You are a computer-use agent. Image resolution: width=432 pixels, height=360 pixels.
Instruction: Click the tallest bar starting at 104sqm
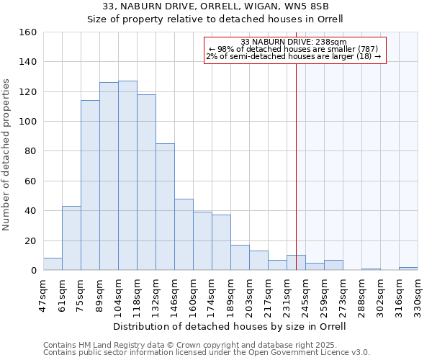(x=127, y=176)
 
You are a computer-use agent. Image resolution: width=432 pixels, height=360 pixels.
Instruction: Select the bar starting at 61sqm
(x=71, y=238)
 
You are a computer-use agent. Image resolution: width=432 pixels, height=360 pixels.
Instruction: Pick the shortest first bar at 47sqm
(x=53, y=264)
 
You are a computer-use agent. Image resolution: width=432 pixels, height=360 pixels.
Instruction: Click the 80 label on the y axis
(x=30, y=151)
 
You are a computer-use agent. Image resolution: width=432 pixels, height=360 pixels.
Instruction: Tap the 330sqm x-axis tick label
(x=418, y=294)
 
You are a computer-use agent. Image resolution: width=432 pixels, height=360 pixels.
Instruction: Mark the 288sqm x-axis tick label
(x=361, y=294)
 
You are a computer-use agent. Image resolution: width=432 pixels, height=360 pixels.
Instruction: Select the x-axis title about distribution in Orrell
(x=230, y=327)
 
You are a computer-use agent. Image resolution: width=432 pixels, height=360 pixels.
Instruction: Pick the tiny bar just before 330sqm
(x=408, y=269)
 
